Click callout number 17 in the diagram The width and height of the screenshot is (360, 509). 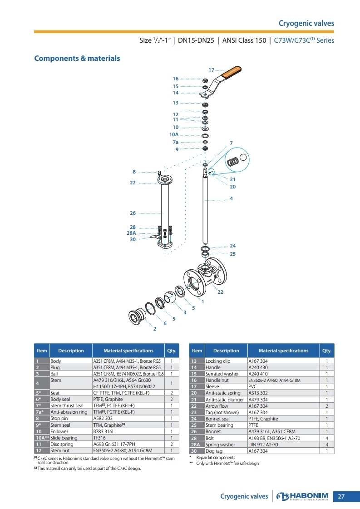coord(212,70)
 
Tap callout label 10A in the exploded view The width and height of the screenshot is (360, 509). coord(174,134)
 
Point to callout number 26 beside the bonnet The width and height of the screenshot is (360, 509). coord(133,213)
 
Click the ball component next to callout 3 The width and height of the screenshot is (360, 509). coord(170,297)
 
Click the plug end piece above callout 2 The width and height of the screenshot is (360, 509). coord(136,315)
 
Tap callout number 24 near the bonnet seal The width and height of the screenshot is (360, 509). coord(233,246)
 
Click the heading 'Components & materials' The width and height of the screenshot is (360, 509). coord(77,59)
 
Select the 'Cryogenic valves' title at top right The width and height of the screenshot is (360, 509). coord(306,23)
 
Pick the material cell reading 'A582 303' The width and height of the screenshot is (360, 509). coord(128,419)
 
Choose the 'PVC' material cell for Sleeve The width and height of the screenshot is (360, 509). coord(283,386)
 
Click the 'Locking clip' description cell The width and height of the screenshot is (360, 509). coord(226,361)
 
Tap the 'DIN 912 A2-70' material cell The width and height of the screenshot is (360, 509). coord(283,445)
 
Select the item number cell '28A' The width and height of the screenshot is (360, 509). coord(197,445)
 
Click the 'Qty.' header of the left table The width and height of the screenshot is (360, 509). coord(172,351)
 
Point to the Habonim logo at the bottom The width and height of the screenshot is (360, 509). coord(302,496)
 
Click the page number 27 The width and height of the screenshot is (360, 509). coord(341,496)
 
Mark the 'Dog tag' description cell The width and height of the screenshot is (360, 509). coord(226,451)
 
